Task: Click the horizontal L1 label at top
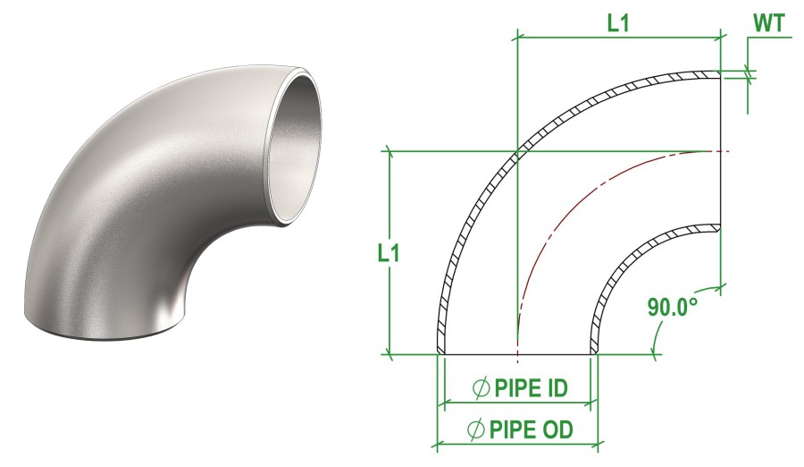(x=618, y=24)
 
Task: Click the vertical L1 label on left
(x=388, y=253)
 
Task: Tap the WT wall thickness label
(x=771, y=24)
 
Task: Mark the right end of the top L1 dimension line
(x=719, y=37)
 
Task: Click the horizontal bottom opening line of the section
(x=516, y=353)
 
